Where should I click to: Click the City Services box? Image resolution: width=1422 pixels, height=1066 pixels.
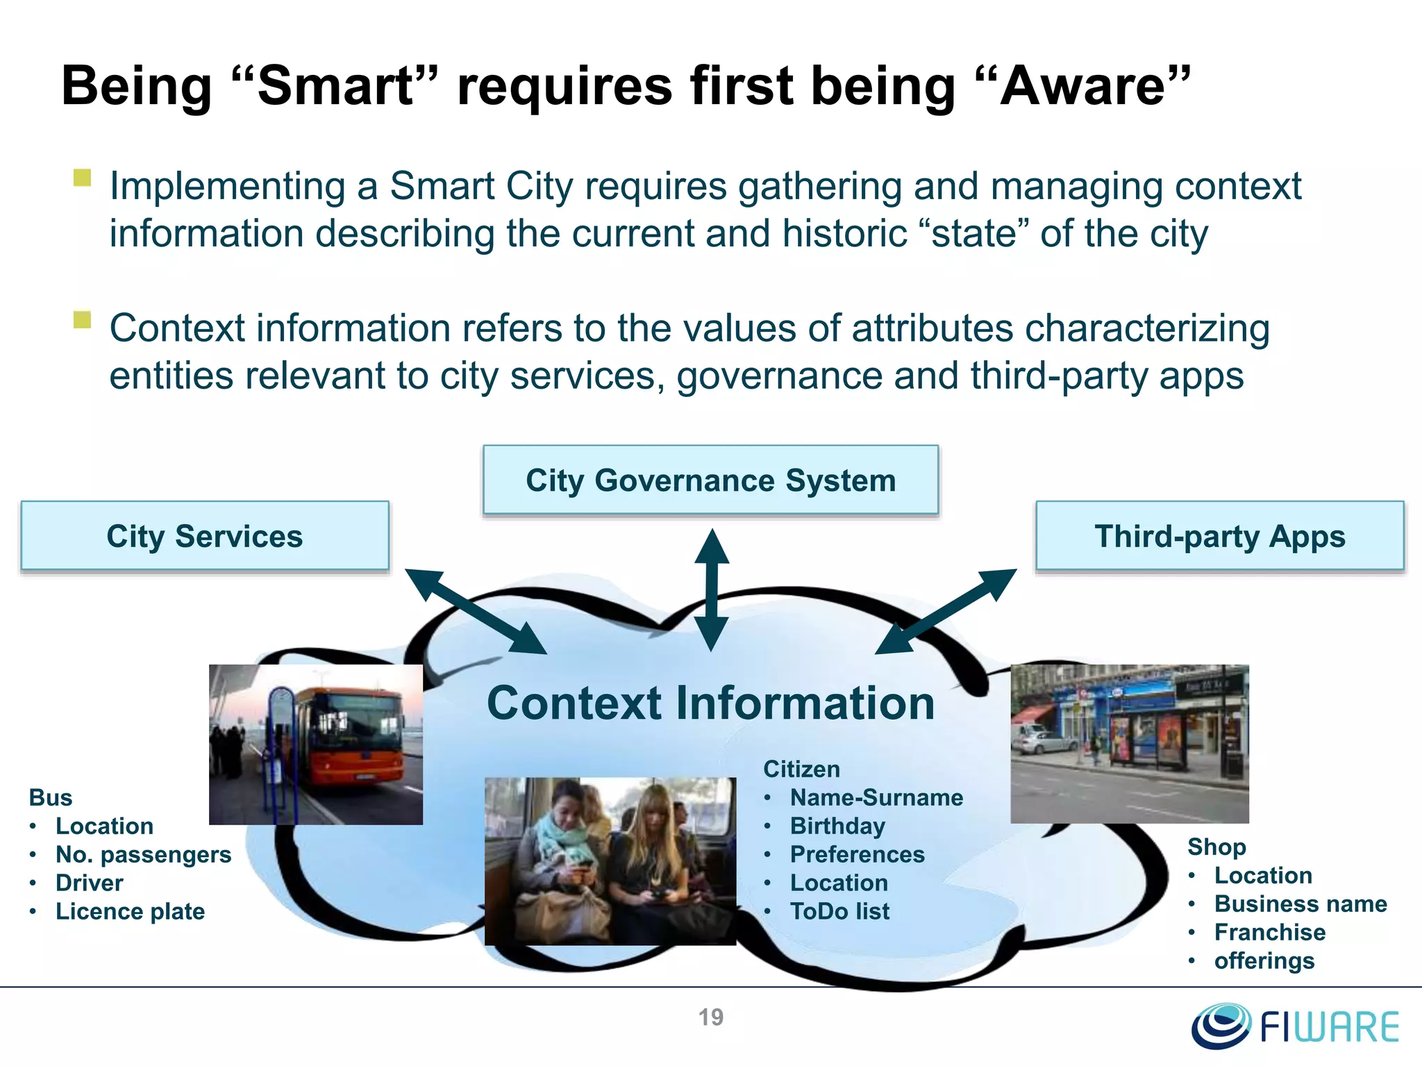pos(205,536)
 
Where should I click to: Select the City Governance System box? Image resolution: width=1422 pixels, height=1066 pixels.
pos(710,480)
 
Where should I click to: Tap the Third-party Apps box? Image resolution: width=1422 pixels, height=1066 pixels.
pos(1219,536)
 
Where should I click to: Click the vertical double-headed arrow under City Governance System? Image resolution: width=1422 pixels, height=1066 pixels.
pos(711,590)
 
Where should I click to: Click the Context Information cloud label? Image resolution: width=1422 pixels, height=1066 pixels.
pos(710,703)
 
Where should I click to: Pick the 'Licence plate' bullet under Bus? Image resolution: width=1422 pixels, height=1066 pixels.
pos(130,911)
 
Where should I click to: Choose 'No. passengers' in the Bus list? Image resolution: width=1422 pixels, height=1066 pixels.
pos(143,854)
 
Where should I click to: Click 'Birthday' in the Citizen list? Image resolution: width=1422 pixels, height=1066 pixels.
pos(837,826)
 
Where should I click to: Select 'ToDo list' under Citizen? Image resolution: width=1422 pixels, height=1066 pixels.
pos(839,911)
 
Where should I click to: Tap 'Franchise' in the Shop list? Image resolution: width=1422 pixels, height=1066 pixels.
pos(1269,932)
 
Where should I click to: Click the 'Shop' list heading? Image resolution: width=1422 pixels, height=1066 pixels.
pos(1216,847)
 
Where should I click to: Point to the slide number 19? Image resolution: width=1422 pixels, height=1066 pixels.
pos(710,1017)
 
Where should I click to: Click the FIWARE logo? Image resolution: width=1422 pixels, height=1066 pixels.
pos(1296,1026)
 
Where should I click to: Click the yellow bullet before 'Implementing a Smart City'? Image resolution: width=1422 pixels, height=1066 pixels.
pos(82,178)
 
